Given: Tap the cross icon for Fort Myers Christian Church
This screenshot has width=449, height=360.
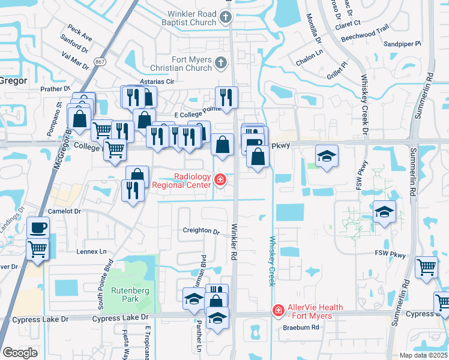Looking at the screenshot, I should pos(221,62).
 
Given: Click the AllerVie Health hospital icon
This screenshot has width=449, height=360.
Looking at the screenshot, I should pos(278,311).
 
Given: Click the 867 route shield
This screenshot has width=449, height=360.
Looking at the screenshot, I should pos(100,61).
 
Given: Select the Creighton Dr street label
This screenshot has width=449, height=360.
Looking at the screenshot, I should pos(201,231).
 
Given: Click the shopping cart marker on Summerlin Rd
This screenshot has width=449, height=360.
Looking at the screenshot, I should pos(427,266).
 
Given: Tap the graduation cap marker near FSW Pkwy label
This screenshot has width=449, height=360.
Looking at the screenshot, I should pos(384,212).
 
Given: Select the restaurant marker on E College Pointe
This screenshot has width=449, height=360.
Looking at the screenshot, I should pos(226,97).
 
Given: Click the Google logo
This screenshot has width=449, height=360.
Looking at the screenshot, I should pos(20,352).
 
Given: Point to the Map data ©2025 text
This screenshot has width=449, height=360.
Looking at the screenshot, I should pos(423,355).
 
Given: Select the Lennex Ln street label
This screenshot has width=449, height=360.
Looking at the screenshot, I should pos(91,251).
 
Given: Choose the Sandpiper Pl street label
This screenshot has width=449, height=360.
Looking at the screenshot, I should pos(402,44).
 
